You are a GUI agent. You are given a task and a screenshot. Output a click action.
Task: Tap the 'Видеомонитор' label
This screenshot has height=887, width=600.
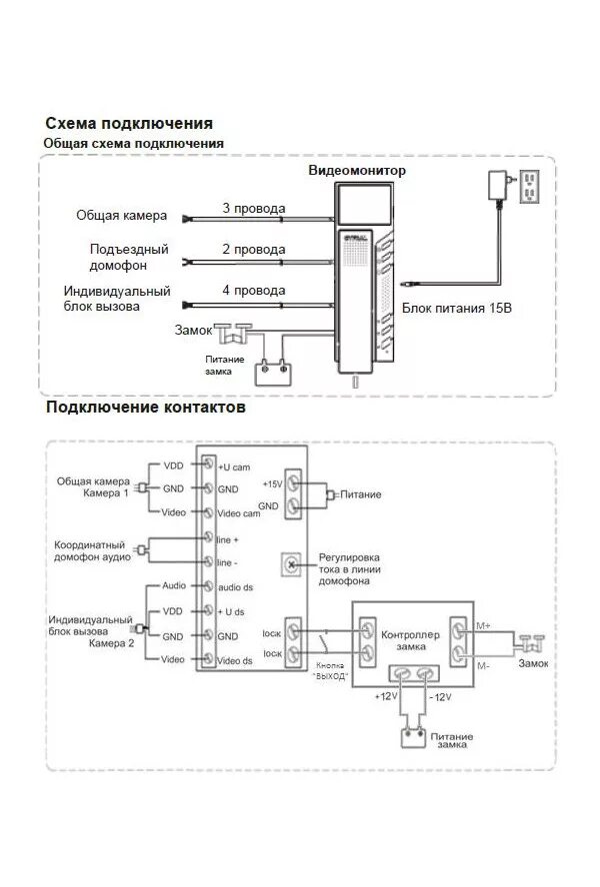[x=357, y=171]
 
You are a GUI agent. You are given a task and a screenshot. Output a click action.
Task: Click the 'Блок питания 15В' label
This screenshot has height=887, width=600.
[x=457, y=309]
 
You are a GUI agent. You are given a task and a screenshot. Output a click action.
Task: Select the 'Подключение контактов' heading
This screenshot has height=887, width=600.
[x=145, y=408]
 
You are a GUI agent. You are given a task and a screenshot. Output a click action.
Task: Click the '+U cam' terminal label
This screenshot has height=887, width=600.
[x=234, y=465]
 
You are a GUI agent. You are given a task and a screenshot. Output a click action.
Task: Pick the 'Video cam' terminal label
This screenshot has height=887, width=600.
[x=238, y=513]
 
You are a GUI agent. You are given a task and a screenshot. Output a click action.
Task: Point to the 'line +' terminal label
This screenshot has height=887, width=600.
[x=228, y=538]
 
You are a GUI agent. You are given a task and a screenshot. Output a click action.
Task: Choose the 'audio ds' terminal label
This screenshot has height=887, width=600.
[x=235, y=587]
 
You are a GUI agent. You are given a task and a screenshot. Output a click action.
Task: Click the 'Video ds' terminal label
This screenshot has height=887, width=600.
[x=236, y=660]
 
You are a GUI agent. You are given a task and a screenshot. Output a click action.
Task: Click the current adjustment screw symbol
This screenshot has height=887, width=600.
[x=292, y=564]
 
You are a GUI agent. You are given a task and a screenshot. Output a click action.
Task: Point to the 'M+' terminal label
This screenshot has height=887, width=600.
[x=483, y=625]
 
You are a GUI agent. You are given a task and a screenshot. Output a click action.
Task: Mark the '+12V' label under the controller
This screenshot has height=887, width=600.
[x=385, y=695]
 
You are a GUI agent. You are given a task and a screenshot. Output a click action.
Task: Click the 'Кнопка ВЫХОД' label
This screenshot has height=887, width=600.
[x=329, y=671]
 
